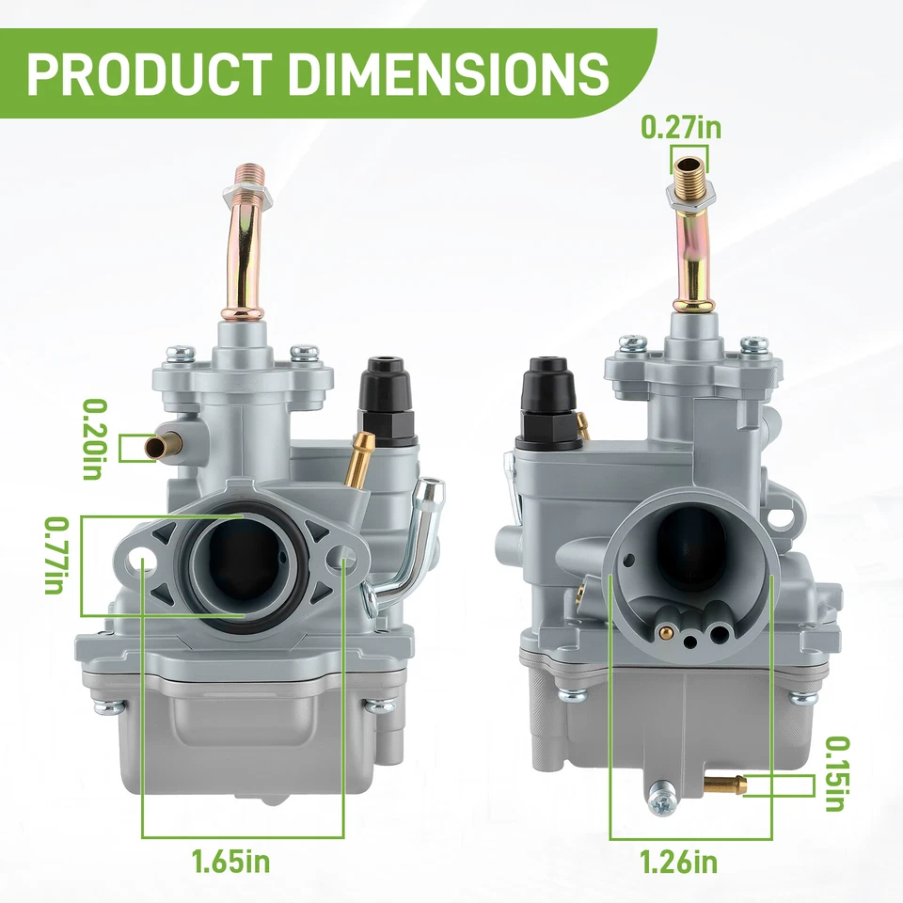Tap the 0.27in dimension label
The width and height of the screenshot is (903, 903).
click(x=681, y=127)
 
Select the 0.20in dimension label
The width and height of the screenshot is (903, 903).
click(x=95, y=439)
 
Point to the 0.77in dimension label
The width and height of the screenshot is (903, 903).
click(x=57, y=556)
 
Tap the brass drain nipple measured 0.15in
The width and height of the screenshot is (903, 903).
click(x=728, y=784)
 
